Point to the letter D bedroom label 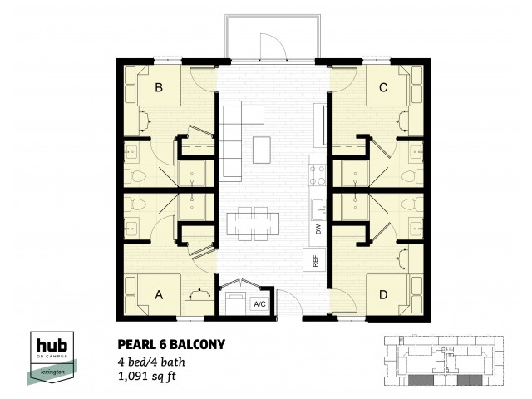382,293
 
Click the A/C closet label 259,303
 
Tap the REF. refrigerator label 317,259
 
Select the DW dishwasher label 317,229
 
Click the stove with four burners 317,175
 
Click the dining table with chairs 252,222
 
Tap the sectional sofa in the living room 232,133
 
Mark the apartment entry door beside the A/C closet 287,301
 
